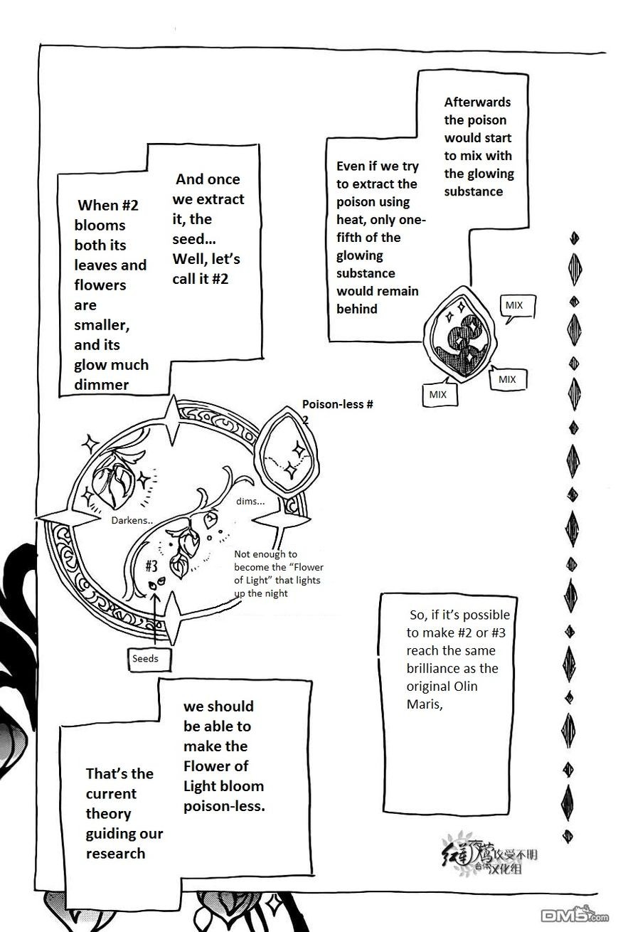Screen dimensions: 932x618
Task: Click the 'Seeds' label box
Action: (x=144, y=658)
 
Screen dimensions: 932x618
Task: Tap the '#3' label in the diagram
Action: (x=151, y=566)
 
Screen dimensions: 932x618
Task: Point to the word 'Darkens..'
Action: (x=132, y=520)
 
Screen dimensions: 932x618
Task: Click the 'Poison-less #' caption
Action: (x=338, y=404)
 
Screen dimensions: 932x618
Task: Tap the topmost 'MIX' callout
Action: (x=513, y=305)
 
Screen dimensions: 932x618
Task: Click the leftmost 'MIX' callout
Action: (x=437, y=393)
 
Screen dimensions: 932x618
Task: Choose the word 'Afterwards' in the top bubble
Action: (x=477, y=102)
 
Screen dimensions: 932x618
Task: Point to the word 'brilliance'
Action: (x=442, y=669)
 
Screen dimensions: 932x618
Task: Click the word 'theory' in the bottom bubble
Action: (x=108, y=813)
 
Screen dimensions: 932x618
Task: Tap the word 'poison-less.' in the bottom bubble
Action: (x=224, y=806)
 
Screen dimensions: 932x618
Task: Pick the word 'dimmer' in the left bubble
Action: (x=102, y=385)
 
